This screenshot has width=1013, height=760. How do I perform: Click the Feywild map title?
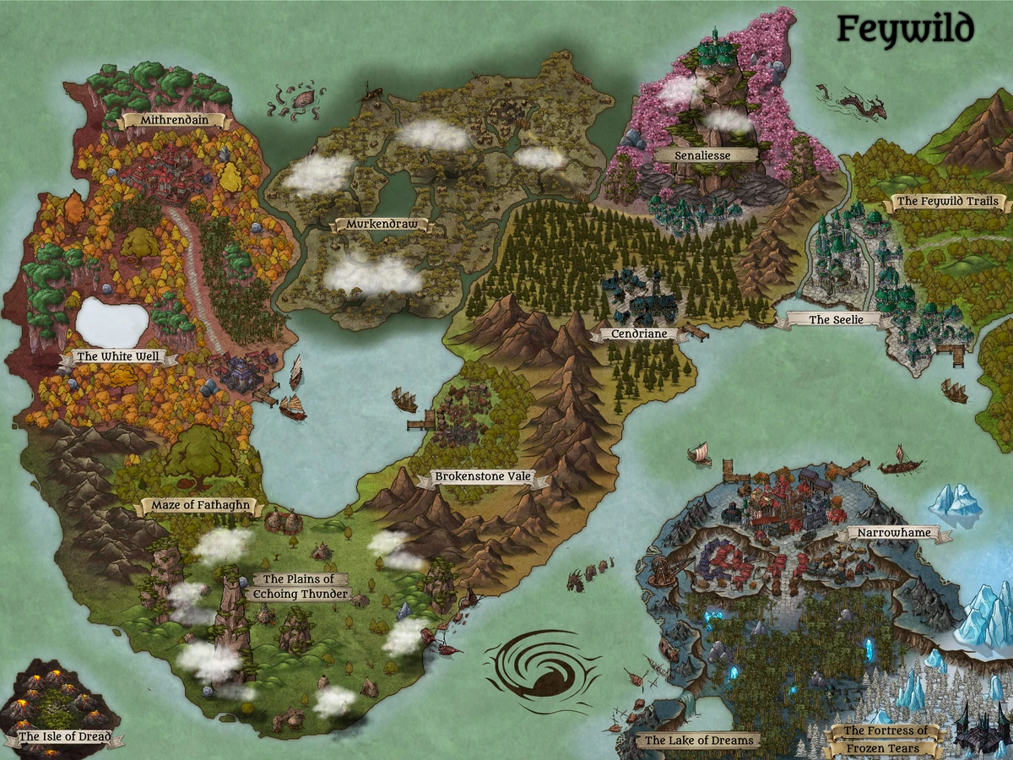pyautogui.click(x=905, y=30)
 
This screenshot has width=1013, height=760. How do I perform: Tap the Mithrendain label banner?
pyautogui.click(x=173, y=121)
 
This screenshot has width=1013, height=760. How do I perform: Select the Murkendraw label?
pyautogui.click(x=379, y=225)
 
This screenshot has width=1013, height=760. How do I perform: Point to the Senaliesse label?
pyautogui.click(x=702, y=155)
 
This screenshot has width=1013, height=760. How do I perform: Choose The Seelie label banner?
pyautogui.click(x=831, y=320)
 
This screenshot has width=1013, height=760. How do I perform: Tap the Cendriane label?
pyautogui.click(x=639, y=334)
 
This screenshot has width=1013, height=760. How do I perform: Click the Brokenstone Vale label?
pyautogui.click(x=482, y=477)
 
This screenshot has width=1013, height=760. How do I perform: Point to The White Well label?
pyautogui.click(x=118, y=357)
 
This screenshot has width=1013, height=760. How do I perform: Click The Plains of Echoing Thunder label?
pyautogui.click(x=301, y=586)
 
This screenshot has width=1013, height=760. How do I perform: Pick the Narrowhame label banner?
pyautogui.click(x=892, y=534)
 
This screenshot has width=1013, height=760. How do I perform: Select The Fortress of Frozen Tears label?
pyautogui.click(x=886, y=740)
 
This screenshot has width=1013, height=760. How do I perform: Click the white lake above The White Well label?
pyautogui.click(x=112, y=323)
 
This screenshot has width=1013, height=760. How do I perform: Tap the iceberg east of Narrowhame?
pyautogui.click(x=956, y=503)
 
